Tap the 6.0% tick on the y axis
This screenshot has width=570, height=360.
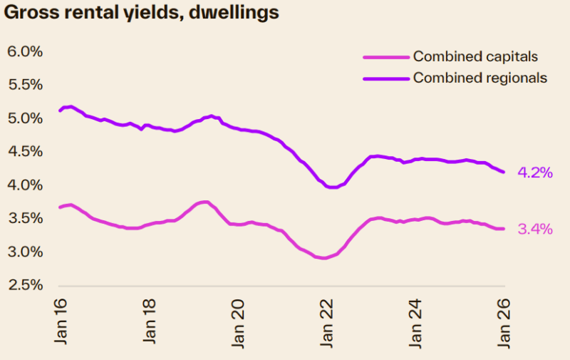click(x=25, y=51)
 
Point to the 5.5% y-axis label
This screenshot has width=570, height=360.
click(x=25, y=85)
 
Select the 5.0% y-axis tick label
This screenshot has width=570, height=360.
click(x=25, y=118)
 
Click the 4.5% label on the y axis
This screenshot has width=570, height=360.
click(x=25, y=152)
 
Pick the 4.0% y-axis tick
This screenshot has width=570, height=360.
click(x=25, y=185)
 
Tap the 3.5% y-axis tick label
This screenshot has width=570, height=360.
click(x=25, y=219)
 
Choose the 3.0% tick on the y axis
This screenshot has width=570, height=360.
click(x=25, y=252)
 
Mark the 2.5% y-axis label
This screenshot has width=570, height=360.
click(x=25, y=285)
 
